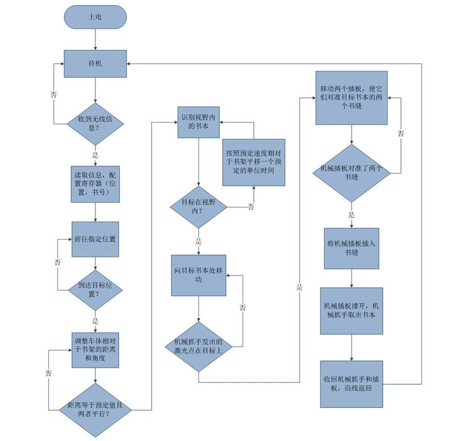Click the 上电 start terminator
click(x=95, y=17)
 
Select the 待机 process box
click(x=95, y=64)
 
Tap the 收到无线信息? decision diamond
click(x=95, y=124)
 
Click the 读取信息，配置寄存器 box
click(x=95, y=184)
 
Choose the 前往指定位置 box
click(x=95, y=239)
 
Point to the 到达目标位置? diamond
click(x=95, y=290)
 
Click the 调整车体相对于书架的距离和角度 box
click(x=95, y=350)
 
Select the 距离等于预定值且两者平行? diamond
click(x=95, y=410)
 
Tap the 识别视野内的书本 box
click(x=198, y=122)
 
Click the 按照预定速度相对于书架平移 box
click(x=254, y=163)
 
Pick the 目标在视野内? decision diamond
click(x=198, y=207)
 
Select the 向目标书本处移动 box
click(x=198, y=275)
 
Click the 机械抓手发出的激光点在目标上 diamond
click(x=198, y=347)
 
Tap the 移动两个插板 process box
click(x=352, y=98)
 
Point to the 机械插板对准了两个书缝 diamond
click(x=352, y=173)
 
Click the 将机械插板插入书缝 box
click(x=352, y=248)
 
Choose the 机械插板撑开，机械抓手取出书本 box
click(x=352, y=311)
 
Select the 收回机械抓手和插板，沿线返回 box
click(x=352, y=384)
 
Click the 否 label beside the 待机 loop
click(x=54, y=94)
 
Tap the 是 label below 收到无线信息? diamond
click(x=95, y=156)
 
